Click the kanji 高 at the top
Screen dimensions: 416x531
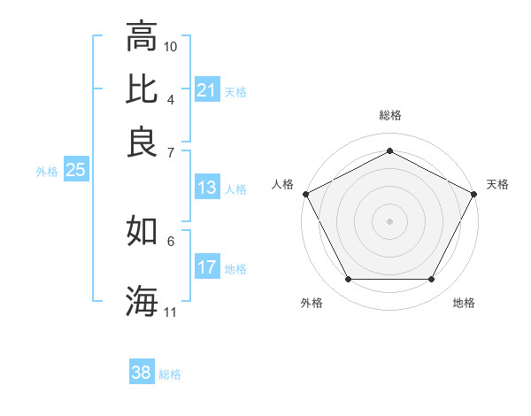click(142, 37)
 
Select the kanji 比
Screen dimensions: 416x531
click(142, 89)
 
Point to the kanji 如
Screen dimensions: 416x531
click(142, 231)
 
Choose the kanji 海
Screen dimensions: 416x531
click(142, 300)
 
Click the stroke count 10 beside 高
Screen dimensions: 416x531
click(171, 45)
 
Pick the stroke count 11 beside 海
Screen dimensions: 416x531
click(171, 311)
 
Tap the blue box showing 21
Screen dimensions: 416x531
click(207, 90)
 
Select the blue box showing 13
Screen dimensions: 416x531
click(207, 188)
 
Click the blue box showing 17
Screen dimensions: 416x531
click(207, 267)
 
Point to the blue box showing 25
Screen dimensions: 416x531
click(75, 170)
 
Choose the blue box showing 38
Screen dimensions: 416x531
click(142, 373)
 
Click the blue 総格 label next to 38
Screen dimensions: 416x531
click(170, 374)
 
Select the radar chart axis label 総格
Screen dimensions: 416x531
click(390, 116)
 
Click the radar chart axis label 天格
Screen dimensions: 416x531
click(498, 184)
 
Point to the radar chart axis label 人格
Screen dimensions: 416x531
click(283, 184)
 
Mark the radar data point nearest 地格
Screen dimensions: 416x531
click(432, 280)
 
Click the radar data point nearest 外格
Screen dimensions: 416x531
click(348, 280)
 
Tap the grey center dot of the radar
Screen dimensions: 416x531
click(390, 220)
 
